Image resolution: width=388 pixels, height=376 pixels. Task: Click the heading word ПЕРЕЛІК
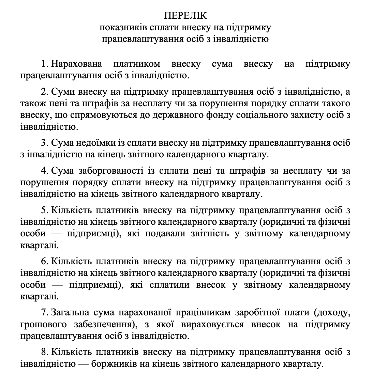pyautogui.click(x=185, y=16)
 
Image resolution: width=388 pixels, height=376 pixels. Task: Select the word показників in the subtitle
pyautogui.click(x=119, y=27)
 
